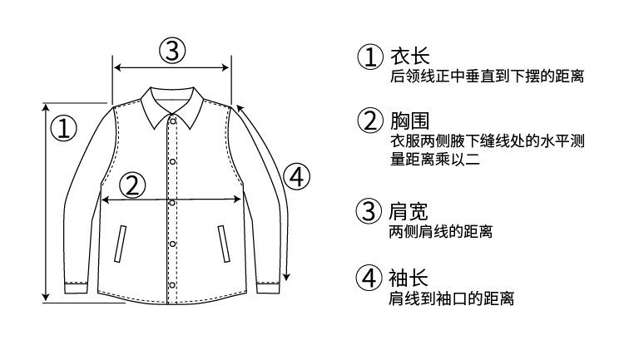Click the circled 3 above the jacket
[171, 51]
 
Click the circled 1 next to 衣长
[370, 57]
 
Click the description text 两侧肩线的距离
[441, 232]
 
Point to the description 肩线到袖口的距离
[452, 298]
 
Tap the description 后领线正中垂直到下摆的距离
[487, 77]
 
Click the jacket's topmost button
[173, 123]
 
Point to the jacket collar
[173, 104]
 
